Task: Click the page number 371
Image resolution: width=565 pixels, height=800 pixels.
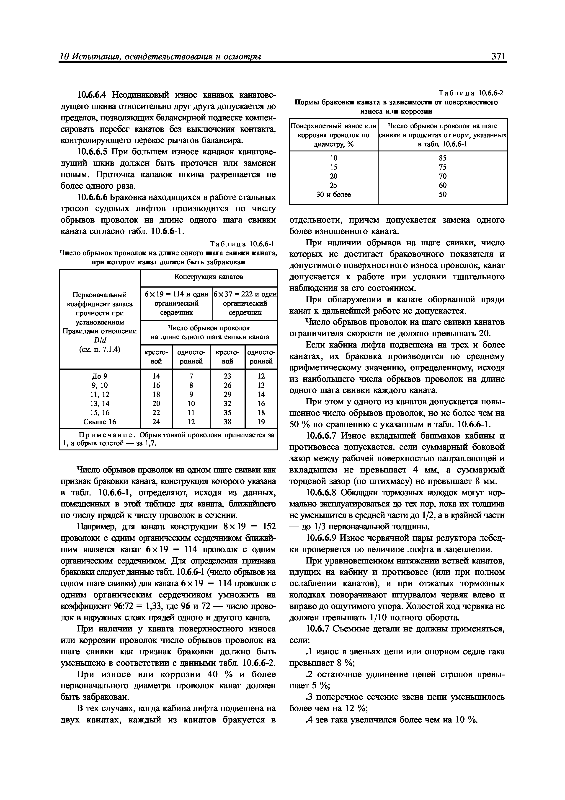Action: [x=498, y=57]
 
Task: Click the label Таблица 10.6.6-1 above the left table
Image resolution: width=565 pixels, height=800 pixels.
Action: [x=243, y=244]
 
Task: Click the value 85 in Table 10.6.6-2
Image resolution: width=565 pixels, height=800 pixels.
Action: [x=442, y=158]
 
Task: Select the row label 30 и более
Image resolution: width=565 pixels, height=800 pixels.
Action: [x=333, y=195]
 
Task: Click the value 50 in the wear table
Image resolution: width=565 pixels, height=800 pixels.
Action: [x=442, y=195]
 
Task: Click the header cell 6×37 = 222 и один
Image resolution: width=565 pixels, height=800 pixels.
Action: [x=245, y=294]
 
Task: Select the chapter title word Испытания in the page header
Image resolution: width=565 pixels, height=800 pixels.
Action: [x=94, y=57]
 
